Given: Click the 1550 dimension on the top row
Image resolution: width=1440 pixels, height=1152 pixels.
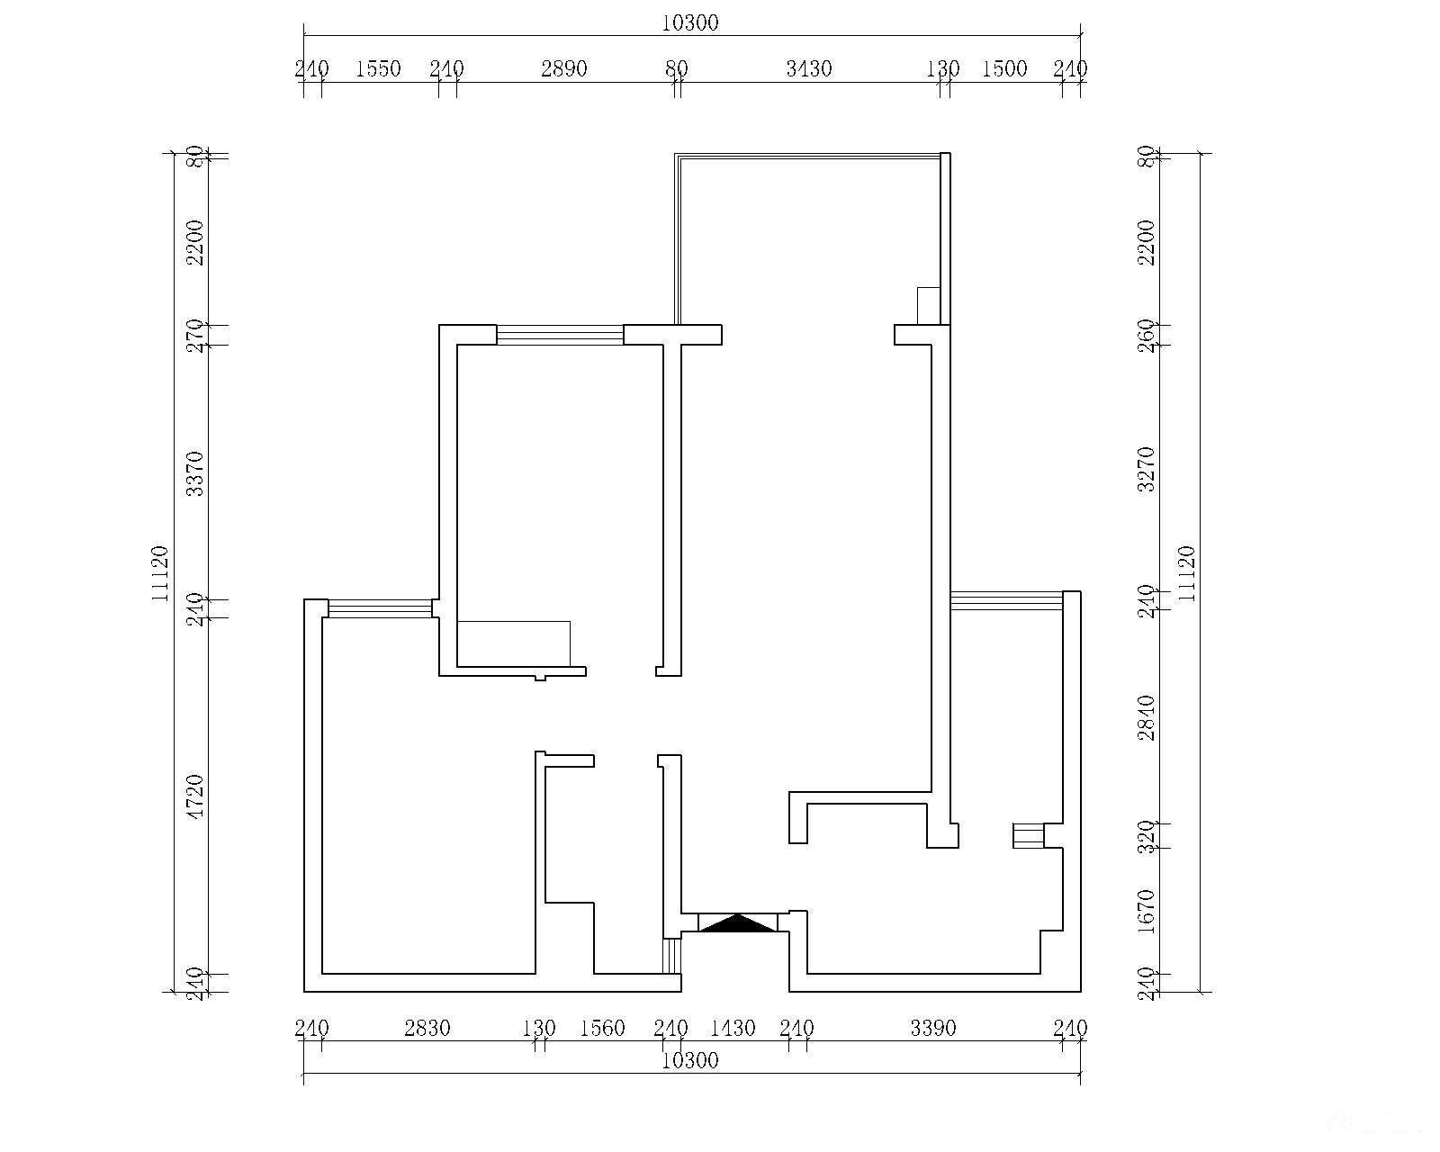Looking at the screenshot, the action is (378, 68).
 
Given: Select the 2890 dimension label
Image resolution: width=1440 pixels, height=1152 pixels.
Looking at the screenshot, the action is (564, 68).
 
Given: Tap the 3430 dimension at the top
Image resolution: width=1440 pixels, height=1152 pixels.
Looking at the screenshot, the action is (809, 68).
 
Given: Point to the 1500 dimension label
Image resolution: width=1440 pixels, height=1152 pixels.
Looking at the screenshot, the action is (1004, 68).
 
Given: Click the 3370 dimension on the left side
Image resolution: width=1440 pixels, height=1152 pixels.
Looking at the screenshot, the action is (194, 473).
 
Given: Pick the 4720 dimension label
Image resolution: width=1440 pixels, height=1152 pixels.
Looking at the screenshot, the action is (194, 796).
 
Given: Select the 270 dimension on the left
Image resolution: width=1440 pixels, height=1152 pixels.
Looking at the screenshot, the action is (194, 336).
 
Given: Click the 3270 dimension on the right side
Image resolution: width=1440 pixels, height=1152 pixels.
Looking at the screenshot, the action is (1147, 469).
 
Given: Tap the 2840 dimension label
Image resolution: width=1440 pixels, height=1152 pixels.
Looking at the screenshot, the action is (1147, 717).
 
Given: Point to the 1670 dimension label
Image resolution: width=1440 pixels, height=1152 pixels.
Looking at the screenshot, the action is (1147, 911).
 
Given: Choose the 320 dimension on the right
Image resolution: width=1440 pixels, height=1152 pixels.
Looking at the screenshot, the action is (1147, 837).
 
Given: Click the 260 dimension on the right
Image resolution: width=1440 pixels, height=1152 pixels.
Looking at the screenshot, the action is (1147, 336).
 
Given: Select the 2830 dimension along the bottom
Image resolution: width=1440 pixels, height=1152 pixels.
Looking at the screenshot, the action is (427, 1028).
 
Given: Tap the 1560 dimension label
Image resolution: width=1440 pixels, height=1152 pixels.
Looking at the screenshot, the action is (602, 1028).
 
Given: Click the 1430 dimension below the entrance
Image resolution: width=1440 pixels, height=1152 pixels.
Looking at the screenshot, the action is (733, 1028).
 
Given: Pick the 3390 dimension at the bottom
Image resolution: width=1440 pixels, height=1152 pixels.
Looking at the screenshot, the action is (933, 1028).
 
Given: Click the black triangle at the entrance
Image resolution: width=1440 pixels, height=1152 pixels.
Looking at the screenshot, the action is (737, 923).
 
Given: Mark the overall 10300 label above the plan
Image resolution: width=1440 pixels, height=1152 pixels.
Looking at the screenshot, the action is (690, 23).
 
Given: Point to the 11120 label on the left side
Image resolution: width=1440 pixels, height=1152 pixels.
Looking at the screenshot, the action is (160, 573).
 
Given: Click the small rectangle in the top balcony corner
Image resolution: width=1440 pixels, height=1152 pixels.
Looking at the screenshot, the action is (929, 306).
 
